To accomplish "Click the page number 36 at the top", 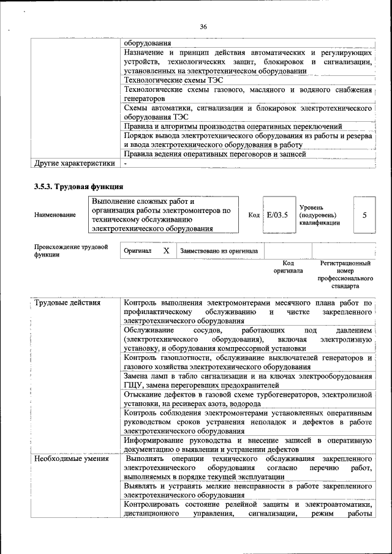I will pyautogui.click(x=203, y=26).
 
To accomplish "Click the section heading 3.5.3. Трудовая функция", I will pyautogui.click(x=79, y=187).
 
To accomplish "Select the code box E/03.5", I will pyautogui.click(x=277, y=215).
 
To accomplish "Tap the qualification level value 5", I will pyautogui.click(x=365, y=215).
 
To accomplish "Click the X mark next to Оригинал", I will pyautogui.click(x=166, y=251).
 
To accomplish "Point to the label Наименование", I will pyautogui.click(x=56, y=215).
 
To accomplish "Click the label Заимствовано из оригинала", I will pyautogui.click(x=219, y=251).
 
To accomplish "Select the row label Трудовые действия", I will pyautogui.click(x=68, y=303).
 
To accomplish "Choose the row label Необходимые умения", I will pyautogui.click(x=72, y=459).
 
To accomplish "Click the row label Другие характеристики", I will pyautogui.click(x=74, y=163).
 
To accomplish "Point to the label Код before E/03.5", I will pyautogui.click(x=254, y=215).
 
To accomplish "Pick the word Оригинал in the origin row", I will pyautogui.click(x=138, y=251).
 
